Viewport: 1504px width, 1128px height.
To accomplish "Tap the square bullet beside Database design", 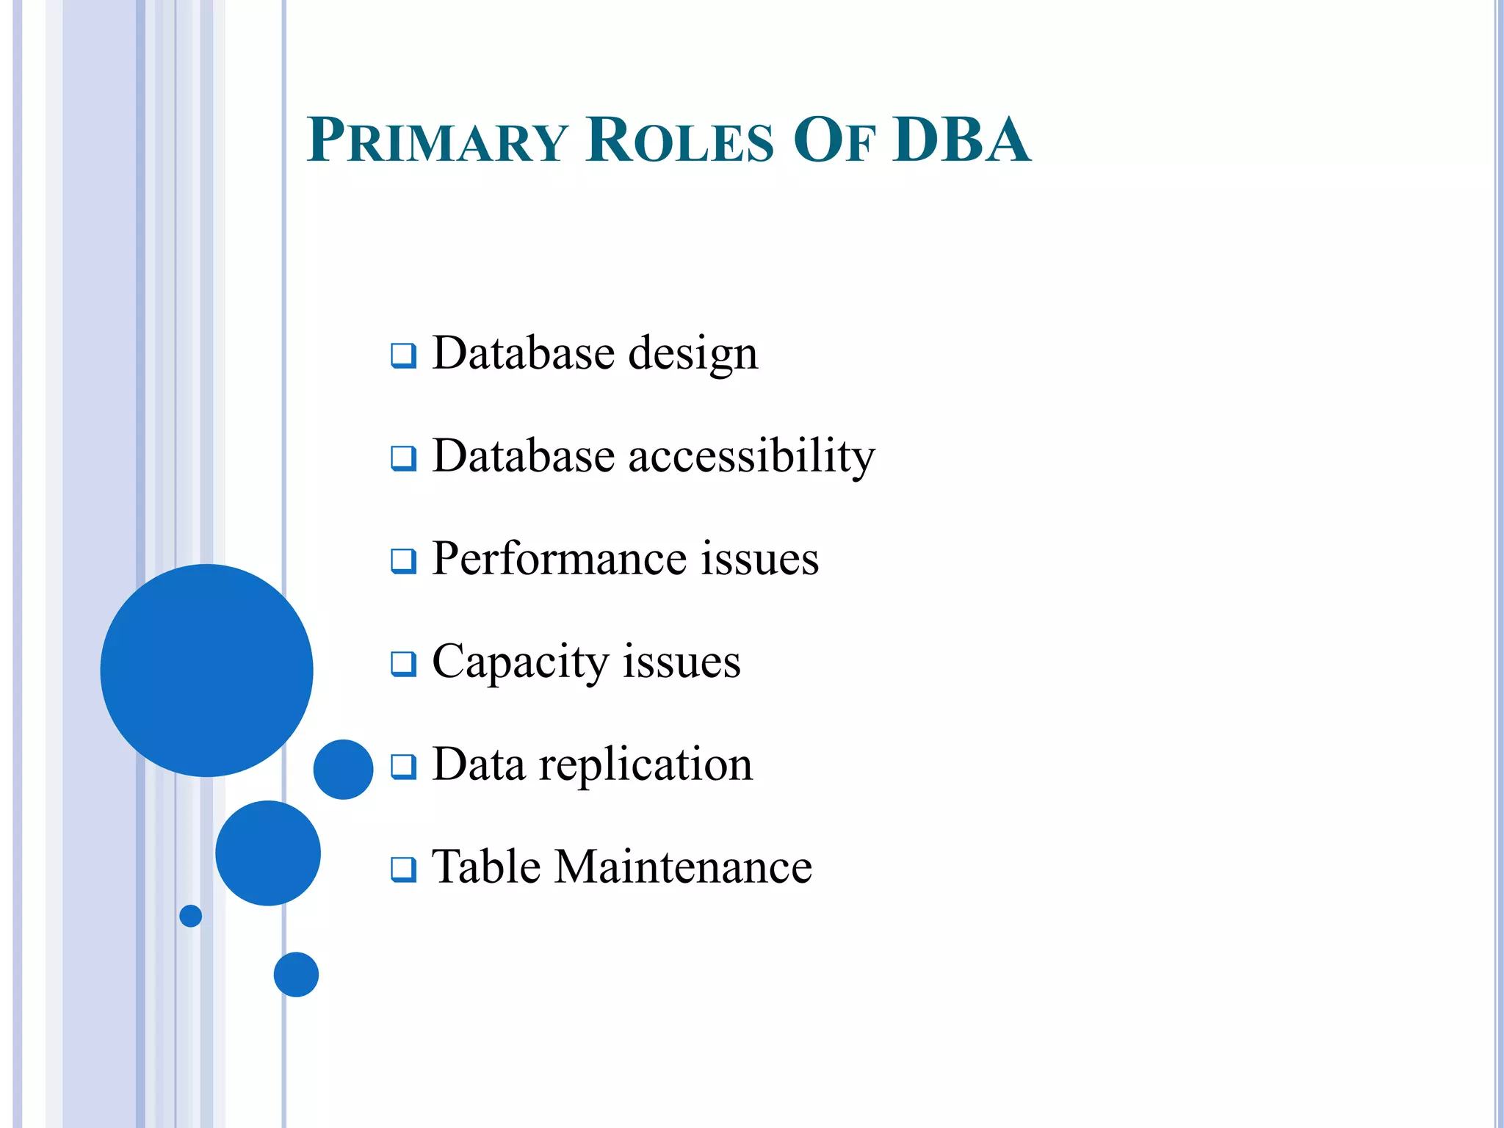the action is point(403,355).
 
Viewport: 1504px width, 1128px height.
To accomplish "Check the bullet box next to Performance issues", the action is point(403,561).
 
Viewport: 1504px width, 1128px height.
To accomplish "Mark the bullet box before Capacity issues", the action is point(403,664).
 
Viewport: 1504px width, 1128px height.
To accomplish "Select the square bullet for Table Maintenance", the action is point(403,869).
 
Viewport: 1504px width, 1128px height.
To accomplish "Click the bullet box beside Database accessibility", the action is point(403,458).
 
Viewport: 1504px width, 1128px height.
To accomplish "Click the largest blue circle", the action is point(206,670).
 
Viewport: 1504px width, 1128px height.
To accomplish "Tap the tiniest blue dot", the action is point(191,916).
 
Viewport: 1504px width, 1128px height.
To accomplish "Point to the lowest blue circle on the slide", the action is point(296,975).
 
